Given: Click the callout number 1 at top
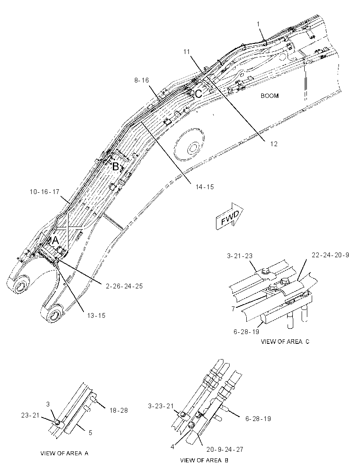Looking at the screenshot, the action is (x=259, y=24).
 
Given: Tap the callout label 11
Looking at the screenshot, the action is (x=187, y=52).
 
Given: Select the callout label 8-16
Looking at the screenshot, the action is (x=141, y=80).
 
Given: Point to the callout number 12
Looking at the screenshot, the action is (x=274, y=144).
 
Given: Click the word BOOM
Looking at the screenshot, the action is (x=270, y=96).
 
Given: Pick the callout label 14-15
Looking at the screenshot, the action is (x=205, y=187).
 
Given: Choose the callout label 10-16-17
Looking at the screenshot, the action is (x=45, y=191).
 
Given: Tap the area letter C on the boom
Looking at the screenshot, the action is (x=198, y=94).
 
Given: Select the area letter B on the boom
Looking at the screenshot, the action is (x=116, y=166).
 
